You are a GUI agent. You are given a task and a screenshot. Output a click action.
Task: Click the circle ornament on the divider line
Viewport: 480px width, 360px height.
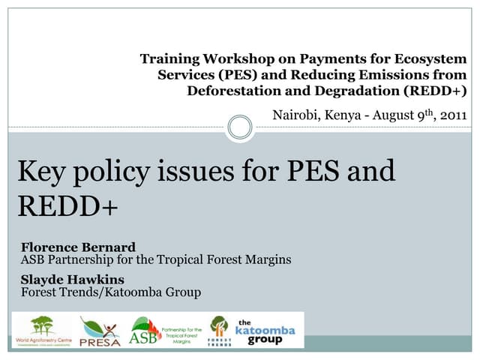click(x=240, y=127)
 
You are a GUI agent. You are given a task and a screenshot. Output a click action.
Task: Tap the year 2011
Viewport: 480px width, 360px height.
click(x=452, y=115)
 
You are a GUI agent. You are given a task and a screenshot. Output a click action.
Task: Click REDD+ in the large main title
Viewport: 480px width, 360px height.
click(x=68, y=205)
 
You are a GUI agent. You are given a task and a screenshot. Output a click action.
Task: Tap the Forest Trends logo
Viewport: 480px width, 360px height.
click(x=219, y=330)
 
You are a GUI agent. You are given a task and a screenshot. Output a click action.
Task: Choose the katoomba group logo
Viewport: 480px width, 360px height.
click(x=265, y=331)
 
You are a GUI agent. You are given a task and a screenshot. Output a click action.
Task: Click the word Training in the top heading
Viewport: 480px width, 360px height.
click(x=169, y=58)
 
